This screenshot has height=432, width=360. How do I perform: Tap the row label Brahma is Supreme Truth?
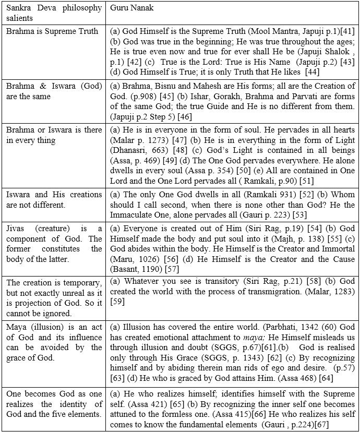coord(52,31)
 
